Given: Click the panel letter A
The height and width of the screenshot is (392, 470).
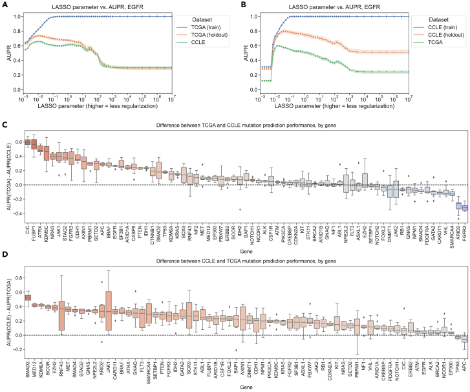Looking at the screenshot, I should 4,5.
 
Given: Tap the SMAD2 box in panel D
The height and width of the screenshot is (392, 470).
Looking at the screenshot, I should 27,297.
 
